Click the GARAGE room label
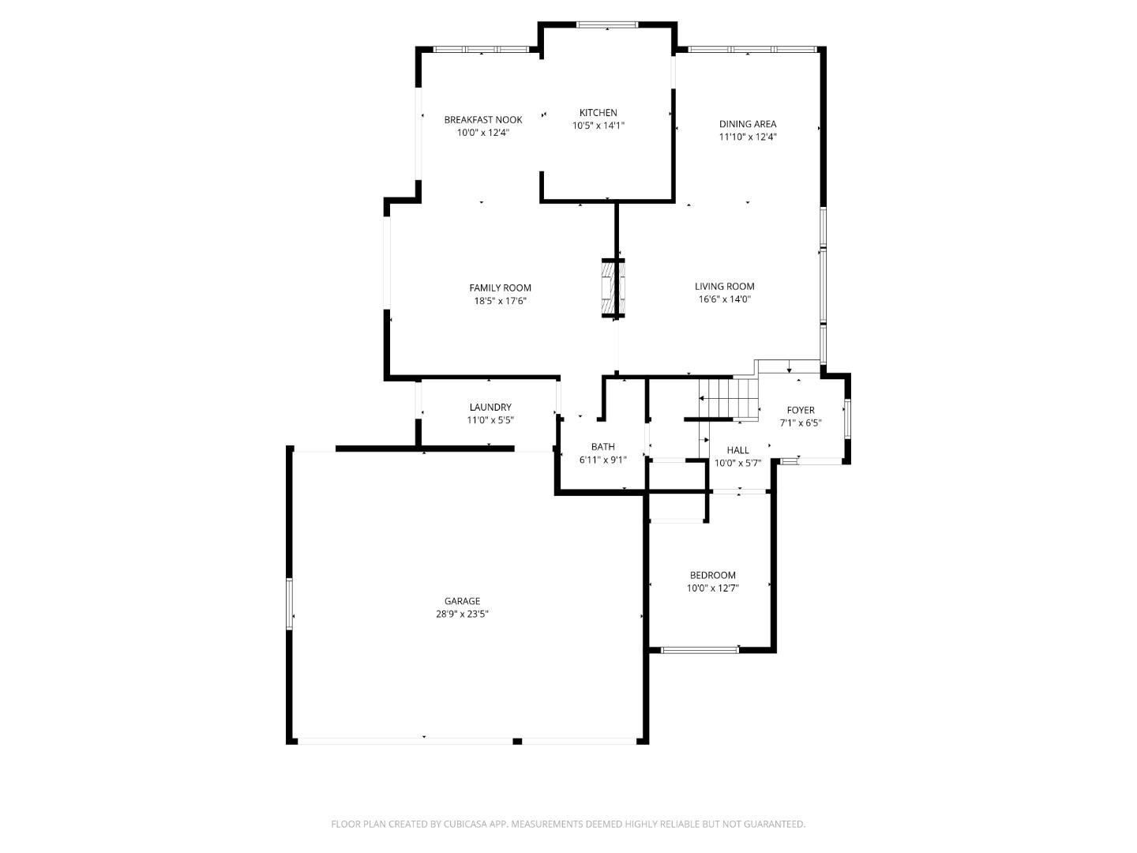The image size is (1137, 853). coord(462,601)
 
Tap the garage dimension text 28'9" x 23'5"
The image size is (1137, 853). coord(462,614)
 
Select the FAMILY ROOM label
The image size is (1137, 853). coord(500,287)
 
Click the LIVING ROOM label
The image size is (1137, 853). coord(724,286)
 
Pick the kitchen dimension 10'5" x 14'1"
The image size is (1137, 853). coord(598,125)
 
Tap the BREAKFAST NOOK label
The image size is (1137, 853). coord(482,119)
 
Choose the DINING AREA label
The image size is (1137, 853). coord(747,123)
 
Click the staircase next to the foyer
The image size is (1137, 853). coord(728,398)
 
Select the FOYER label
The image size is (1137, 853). coord(800,410)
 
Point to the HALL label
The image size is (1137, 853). coord(737,449)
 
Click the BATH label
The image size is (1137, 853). coord(602,446)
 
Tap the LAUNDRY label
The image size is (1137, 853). coord(490,407)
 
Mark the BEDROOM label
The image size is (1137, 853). coord(712,575)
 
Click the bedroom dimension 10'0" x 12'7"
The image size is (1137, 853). coord(712,588)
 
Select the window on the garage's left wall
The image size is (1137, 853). coord(290,604)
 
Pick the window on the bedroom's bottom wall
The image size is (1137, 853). coord(699,650)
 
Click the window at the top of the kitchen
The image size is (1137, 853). coord(606,25)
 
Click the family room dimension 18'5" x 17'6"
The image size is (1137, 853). coord(500,300)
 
